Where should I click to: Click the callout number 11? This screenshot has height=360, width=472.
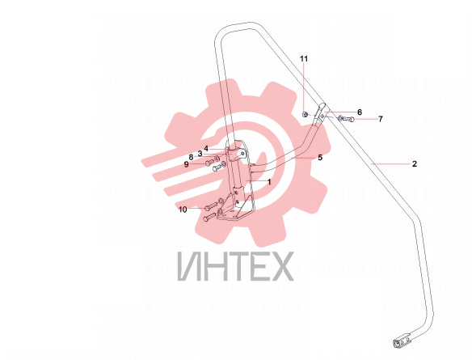(304, 58)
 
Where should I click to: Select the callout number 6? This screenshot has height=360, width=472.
(360, 112)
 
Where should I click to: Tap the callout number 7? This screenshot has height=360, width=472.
(381, 119)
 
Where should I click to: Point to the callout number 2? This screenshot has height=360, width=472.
(415, 164)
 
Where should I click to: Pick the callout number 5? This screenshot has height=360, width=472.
(320, 157)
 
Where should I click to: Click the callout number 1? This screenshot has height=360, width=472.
(269, 182)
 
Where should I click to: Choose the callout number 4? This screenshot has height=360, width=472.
(206, 149)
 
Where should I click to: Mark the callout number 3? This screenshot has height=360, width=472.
(200, 154)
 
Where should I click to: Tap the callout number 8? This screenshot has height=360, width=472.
(191, 157)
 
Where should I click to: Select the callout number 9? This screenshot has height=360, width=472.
(187, 164)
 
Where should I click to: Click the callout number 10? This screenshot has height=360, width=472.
(183, 210)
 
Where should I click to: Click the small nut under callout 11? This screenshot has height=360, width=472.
(305, 114)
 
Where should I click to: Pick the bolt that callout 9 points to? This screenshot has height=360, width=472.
(210, 163)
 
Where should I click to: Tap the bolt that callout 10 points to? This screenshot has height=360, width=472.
(211, 206)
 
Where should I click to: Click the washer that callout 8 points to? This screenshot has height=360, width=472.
(216, 158)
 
